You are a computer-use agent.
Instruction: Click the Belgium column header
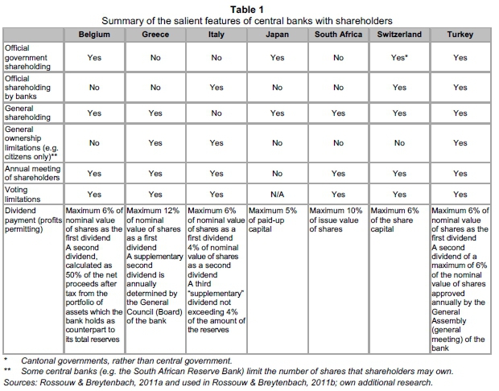click(94, 35)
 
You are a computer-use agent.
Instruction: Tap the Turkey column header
click(460, 35)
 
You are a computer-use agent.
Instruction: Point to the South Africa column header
click(339, 35)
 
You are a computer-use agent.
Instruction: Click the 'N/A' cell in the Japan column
click(278, 194)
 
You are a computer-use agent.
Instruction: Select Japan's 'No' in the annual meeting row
click(278, 173)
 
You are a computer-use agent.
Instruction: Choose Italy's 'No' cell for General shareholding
click(217, 113)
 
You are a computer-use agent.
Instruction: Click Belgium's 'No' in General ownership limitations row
click(94, 143)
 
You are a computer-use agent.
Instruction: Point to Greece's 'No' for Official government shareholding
click(155, 58)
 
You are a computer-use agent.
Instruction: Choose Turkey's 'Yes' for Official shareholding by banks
click(460, 87)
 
